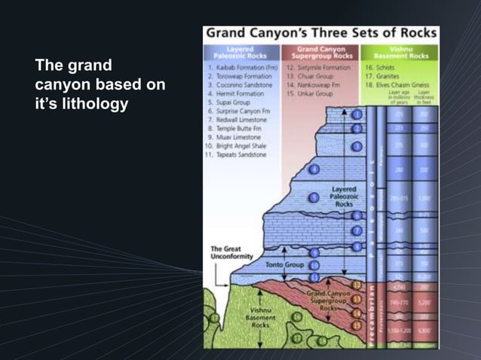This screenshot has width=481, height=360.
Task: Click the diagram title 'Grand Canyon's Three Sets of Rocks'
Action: pyautogui.click(x=320, y=34)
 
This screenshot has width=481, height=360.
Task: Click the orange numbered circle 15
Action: pyautogui.click(x=357, y=325)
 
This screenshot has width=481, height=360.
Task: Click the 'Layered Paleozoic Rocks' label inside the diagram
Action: pyautogui.click(x=343, y=197)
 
